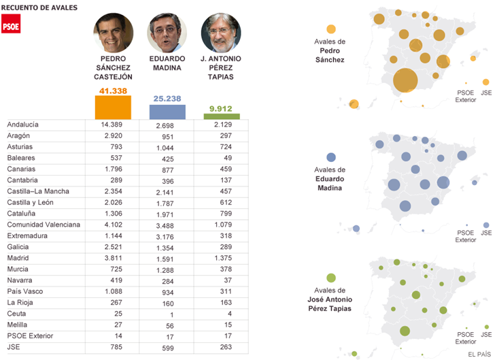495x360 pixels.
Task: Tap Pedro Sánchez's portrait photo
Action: pos(113,32)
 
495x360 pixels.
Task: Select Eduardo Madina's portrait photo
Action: pos(167,33)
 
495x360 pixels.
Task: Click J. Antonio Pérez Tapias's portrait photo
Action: pos(221,33)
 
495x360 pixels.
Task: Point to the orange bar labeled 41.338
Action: pos(113,107)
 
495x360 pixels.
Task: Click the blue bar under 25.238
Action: pos(167,112)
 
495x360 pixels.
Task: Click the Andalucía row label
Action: pos(23,125)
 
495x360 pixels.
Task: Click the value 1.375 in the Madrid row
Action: pos(222,258)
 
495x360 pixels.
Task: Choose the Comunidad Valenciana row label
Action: pos(44,225)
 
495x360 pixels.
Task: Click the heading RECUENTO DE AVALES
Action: pos(42,7)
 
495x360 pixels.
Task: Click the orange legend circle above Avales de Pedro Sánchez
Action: pos(331,29)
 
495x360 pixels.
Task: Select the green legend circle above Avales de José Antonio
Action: pos(331,278)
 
